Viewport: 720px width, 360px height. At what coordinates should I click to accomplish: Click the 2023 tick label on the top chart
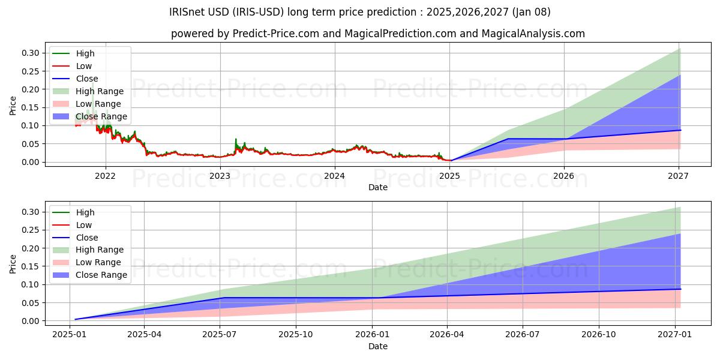(x=220, y=176)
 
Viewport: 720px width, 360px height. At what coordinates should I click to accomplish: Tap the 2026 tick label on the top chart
(x=564, y=176)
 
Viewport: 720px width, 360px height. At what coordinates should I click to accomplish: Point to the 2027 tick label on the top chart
(x=679, y=176)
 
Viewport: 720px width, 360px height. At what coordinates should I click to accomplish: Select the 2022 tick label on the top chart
(x=106, y=176)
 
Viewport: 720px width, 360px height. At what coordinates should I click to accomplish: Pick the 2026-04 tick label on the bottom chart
(x=448, y=335)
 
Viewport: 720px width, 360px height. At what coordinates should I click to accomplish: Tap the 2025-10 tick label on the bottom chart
(x=296, y=335)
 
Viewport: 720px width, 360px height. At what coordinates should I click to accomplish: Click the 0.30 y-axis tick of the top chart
(x=31, y=53)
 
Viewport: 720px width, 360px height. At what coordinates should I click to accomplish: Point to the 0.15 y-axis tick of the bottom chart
(x=31, y=266)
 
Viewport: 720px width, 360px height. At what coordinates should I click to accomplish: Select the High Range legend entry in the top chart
(x=100, y=91)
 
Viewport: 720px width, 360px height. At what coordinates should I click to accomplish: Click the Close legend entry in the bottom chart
(x=87, y=238)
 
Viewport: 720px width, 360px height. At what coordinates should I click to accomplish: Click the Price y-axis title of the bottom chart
(x=13, y=264)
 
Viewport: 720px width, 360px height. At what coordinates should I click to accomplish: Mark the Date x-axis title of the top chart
(x=378, y=187)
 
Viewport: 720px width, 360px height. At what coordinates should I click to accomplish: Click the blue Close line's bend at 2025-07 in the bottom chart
(x=222, y=298)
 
